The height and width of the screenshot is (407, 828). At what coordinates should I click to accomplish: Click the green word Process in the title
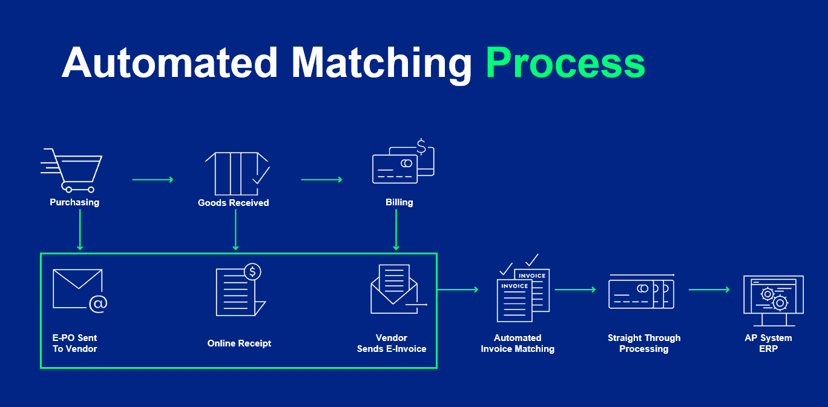tap(565, 63)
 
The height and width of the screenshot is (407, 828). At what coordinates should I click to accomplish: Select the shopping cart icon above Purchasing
tap(71, 171)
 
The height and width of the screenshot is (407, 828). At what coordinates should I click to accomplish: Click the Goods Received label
tap(233, 203)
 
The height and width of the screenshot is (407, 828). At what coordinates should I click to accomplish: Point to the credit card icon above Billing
tap(403, 161)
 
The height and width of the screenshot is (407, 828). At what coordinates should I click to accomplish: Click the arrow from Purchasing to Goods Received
tap(153, 180)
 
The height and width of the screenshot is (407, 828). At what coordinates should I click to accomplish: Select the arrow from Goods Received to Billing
tap(321, 180)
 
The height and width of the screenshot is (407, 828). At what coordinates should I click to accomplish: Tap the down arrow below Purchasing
tap(80, 230)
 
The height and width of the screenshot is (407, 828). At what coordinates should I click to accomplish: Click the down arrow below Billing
tap(396, 230)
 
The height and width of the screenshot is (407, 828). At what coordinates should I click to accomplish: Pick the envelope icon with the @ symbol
tap(80, 291)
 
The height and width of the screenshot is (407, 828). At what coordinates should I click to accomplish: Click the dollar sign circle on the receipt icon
tap(252, 272)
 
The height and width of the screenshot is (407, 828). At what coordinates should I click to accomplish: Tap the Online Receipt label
tap(239, 343)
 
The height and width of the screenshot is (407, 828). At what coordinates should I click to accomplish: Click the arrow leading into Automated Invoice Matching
tap(458, 290)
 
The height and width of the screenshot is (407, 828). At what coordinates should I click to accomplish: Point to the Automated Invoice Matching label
tap(517, 343)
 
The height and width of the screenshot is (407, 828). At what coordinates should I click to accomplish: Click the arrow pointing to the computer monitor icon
tap(709, 290)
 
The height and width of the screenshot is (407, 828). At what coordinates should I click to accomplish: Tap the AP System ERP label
tap(768, 343)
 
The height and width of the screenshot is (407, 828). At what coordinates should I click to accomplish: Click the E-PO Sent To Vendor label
tap(74, 343)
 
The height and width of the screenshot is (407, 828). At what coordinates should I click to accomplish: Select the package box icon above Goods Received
tap(237, 174)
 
